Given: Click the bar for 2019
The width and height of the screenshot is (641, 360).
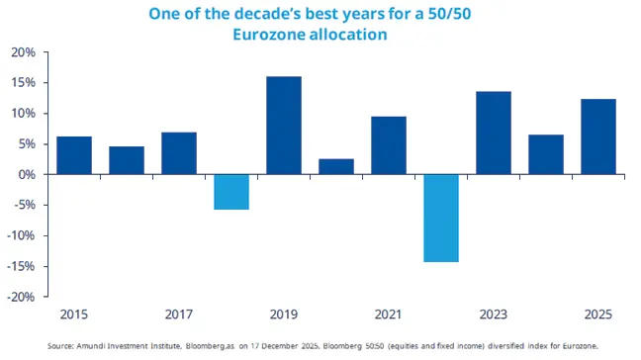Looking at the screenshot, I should tap(284, 126).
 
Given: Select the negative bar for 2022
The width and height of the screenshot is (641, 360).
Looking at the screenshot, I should tap(441, 218).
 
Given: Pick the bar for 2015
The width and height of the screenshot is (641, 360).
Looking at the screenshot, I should tap(74, 155).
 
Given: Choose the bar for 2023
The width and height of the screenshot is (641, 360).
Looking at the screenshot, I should tap(494, 133).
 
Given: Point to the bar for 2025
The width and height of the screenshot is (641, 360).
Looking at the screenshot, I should tap(598, 136).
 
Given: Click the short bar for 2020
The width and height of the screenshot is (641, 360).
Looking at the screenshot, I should tap(336, 166).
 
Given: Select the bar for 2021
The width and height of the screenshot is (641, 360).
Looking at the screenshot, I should tap(389, 145).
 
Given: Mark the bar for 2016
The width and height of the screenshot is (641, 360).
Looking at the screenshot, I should tap(127, 160).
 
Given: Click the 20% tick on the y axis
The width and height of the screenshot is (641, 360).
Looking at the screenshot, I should tap(24, 52).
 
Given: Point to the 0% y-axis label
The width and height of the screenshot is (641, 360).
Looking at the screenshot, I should tap(27, 175).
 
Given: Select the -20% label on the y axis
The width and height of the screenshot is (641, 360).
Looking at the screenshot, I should tap(22, 297).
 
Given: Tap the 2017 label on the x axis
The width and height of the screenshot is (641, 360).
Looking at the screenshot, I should tap(179, 315).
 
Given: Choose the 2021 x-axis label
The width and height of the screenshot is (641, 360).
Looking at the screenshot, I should tap(389, 315).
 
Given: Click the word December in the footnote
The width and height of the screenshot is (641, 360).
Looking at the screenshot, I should tap(296, 346).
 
